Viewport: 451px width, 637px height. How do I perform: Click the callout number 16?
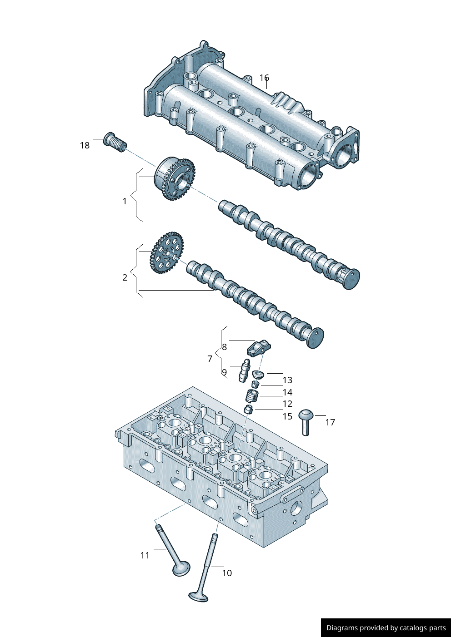264,78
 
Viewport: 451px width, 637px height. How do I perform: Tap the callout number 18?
85,145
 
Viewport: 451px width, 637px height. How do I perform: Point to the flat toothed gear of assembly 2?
166,252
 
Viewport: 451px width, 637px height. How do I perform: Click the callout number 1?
125,201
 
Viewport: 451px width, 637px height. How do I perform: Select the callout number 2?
125,277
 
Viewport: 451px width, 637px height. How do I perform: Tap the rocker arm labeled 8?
258,348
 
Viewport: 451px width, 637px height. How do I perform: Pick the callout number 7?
210,359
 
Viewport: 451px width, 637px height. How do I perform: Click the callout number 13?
287,380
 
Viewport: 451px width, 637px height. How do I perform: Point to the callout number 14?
287,392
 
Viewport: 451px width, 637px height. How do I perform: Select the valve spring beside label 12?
252,395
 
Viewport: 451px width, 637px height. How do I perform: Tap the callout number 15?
287,416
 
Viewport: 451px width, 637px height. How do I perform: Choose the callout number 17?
330,422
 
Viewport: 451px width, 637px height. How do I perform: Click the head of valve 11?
181,568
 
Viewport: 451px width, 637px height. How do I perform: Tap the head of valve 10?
199,596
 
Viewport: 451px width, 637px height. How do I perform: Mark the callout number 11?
145,555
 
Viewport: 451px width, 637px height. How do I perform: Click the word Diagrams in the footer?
341,628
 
